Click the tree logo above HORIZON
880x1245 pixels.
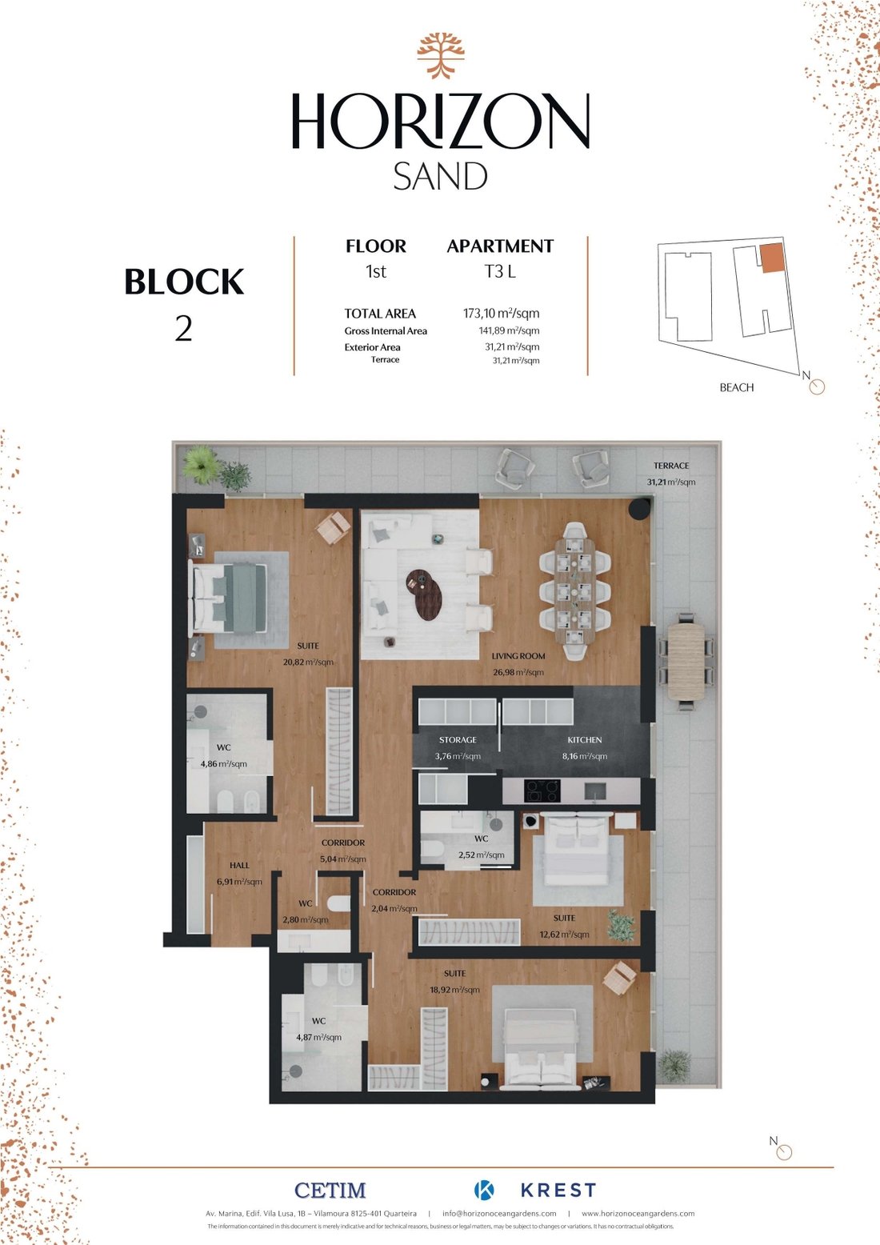pos(440,55)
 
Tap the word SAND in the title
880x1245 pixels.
pos(440,177)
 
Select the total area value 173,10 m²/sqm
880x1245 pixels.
pos(501,313)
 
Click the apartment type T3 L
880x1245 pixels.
pos(500,271)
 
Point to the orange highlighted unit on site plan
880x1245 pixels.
pos(771,258)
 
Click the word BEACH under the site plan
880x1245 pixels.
pos(736,387)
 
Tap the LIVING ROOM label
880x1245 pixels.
pos(518,656)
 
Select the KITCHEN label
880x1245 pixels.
pos(584,740)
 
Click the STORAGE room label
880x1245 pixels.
pos(458,740)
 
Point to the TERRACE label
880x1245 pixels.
pos(670,466)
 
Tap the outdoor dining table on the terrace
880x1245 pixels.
pos(686,661)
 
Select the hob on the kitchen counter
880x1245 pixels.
pos(542,791)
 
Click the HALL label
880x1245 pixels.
pos(239,865)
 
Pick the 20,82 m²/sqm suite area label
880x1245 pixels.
pos(308,662)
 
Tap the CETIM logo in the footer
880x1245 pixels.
pos(330,1191)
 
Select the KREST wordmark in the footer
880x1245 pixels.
pos(558,1191)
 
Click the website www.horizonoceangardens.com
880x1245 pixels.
pos(638,1213)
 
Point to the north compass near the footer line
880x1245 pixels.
pos(783,1152)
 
